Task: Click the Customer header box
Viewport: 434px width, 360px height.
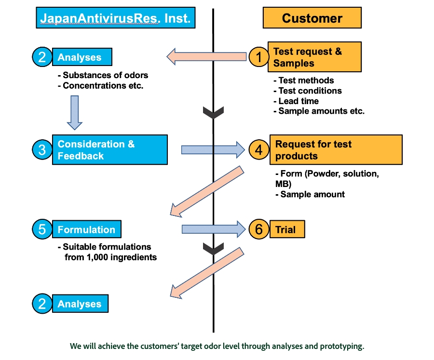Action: tap(312, 18)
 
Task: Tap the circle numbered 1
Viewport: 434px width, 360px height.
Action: tap(259, 57)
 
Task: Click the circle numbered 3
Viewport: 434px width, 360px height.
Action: tap(42, 150)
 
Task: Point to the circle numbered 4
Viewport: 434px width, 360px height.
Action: tap(259, 150)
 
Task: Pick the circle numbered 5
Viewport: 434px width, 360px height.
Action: tap(42, 229)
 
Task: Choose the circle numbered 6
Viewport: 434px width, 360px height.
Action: tap(259, 229)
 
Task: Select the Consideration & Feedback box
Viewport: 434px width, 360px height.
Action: tap(109, 150)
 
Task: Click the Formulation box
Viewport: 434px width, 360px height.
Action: tap(87, 229)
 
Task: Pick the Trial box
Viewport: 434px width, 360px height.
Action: tap(287, 229)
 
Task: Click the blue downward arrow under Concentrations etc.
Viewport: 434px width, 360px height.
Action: tap(75, 112)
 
